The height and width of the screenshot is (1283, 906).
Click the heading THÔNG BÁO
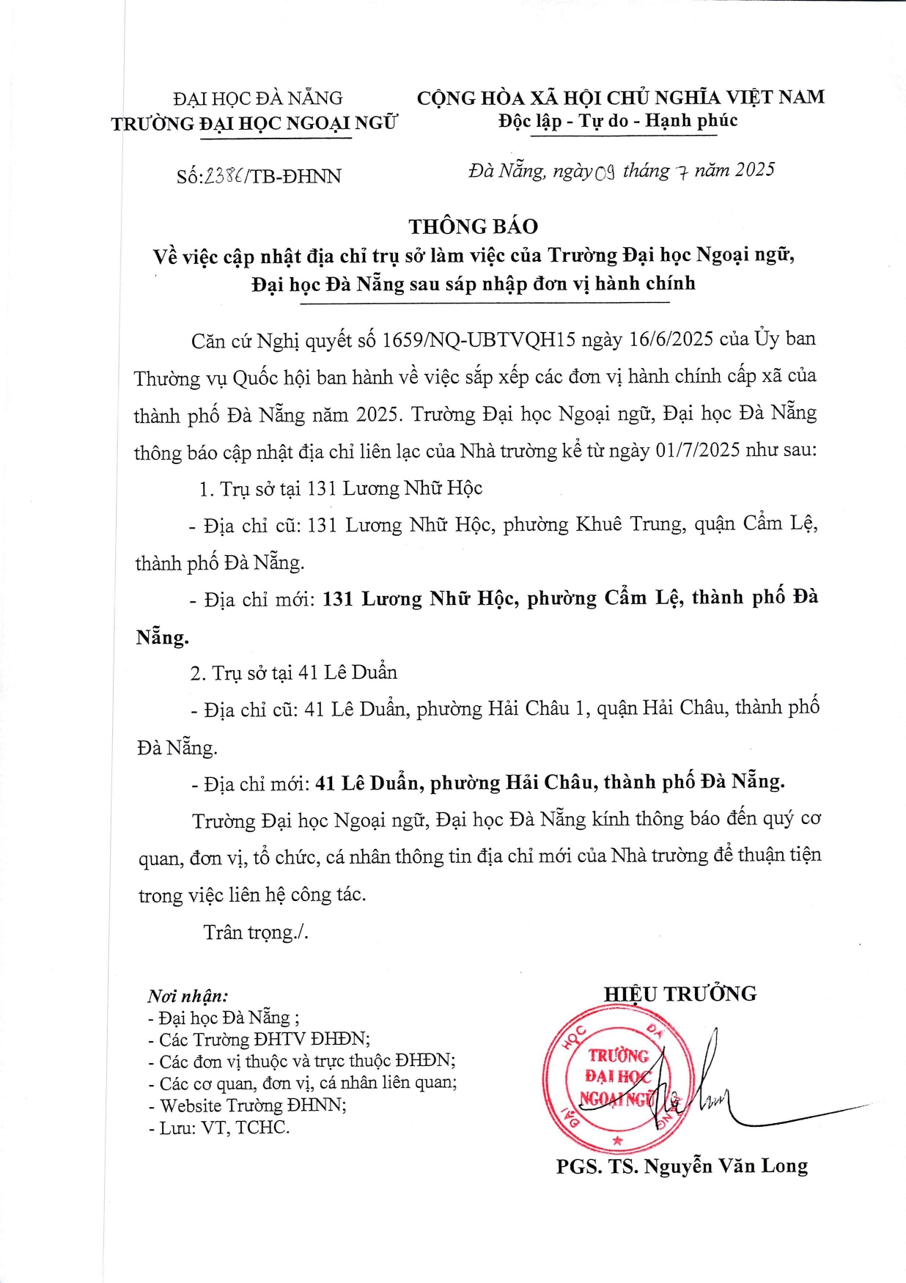[x=473, y=226]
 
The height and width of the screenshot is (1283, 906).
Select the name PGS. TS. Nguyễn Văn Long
[x=682, y=1166]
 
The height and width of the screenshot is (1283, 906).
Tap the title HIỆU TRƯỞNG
[x=679, y=994]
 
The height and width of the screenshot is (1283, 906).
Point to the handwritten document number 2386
[x=225, y=176]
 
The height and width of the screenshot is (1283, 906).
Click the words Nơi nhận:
[x=188, y=996]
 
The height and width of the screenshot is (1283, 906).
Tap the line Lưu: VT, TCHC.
[x=219, y=1128]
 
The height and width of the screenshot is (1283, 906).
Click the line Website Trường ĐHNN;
[x=248, y=1106]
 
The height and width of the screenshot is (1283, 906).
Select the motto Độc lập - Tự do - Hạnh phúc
[x=618, y=121]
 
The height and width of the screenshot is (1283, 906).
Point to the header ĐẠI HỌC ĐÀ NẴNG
[x=258, y=98]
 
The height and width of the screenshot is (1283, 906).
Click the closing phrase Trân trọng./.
[x=256, y=932]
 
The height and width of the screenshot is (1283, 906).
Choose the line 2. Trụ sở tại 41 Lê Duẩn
[x=294, y=673]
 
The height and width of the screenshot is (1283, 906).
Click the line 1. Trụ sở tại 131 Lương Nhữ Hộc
[x=341, y=488]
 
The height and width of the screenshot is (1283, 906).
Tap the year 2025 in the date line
[x=754, y=170]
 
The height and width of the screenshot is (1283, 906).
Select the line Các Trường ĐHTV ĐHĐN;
[x=259, y=1040]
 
